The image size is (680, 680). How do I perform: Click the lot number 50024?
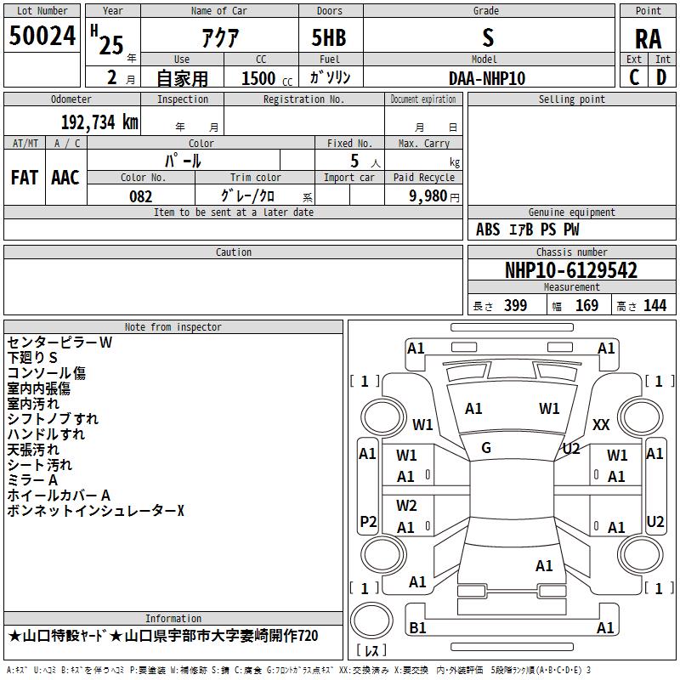click(x=42, y=36)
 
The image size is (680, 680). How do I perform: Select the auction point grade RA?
click(x=648, y=39)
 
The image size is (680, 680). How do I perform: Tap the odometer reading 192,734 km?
click(x=99, y=122)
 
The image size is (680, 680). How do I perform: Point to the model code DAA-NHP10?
click(x=487, y=78)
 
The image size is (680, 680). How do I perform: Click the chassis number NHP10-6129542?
click(x=571, y=270)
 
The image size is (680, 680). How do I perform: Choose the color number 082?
click(x=140, y=196)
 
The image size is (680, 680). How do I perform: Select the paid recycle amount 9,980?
click(x=428, y=195)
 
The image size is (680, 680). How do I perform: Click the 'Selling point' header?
click(x=571, y=99)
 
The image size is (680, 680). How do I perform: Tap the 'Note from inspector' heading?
click(x=173, y=327)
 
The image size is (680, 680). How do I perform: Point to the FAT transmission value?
click(x=25, y=178)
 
